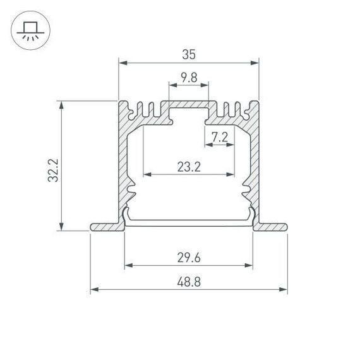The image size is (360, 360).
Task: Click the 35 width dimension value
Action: coord(188,54)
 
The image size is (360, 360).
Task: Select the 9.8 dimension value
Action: coord(188,78)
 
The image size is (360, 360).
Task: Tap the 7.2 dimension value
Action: coord(219,136)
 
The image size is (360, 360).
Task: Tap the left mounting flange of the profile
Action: coord(105,226)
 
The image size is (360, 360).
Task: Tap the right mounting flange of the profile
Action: coord(272,226)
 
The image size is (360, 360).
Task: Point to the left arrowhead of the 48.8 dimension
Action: coord(93,290)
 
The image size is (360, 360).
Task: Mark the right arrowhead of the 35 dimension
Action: coord(256,63)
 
